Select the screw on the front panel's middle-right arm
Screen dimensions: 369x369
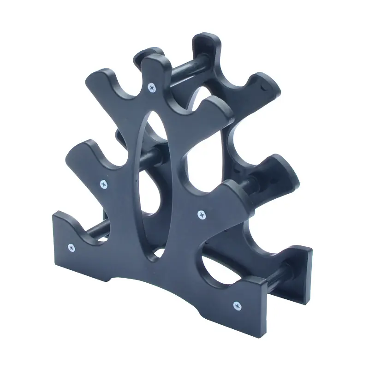point(201,214)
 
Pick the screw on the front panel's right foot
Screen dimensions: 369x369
point(237,305)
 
